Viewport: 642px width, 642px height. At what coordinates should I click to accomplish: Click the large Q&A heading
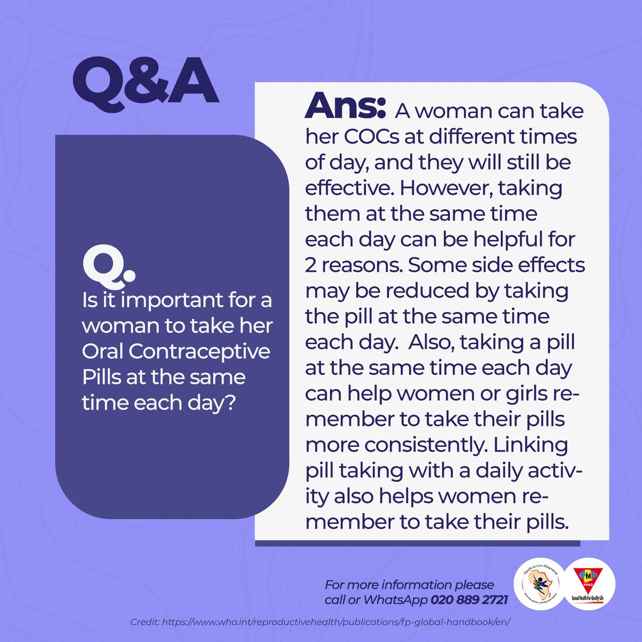tap(146, 82)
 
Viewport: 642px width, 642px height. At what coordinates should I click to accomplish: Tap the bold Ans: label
tap(345, 106)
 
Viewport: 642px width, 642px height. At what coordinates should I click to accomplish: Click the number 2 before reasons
tap(311, 266)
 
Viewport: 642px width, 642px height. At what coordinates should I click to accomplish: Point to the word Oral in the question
tap(102, 351)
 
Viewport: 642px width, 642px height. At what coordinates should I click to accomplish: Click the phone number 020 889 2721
tap(469, 600)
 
